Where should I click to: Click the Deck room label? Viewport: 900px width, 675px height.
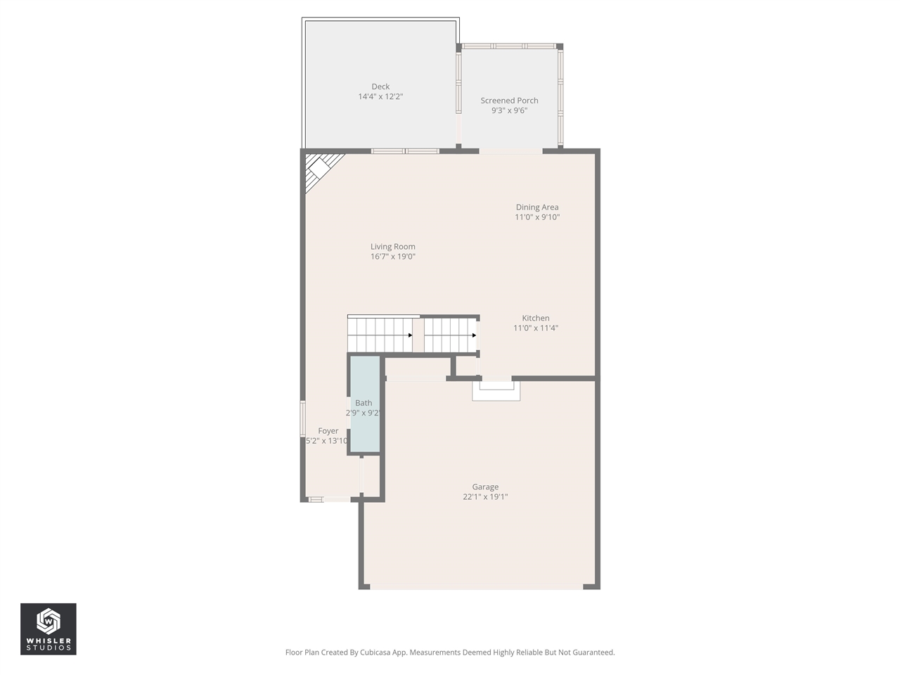coord(380,87)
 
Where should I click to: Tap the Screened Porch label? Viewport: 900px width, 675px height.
coord(509,101)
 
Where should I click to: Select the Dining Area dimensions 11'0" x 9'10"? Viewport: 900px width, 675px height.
coord(537,217)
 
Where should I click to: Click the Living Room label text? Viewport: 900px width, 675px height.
coord(393,247)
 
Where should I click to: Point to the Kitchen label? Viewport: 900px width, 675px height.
coord(536,319)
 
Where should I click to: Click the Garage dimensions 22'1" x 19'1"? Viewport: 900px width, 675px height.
coord(485,497)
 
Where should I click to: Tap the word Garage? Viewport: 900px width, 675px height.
coord(485,487)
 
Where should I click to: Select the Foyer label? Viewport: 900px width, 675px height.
coord(328,431)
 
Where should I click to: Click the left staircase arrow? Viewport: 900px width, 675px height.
coord(410,335)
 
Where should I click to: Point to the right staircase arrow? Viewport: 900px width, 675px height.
coord(474,335)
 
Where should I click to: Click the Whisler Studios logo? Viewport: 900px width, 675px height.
coord(49,629)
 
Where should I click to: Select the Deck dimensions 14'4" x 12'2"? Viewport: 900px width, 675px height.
coord(380,97)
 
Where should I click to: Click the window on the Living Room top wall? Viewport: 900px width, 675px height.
coord(405,151)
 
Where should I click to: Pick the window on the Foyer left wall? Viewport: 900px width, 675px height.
coord(303,420)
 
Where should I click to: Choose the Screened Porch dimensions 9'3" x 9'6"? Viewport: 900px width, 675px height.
coord(509,110)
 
